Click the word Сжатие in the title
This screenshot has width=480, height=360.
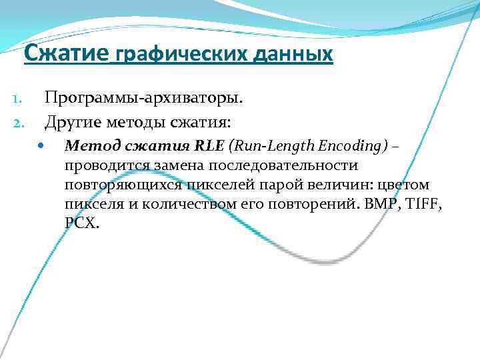click(x=66, y=53)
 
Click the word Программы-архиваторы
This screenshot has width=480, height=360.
click(x=143, y=99)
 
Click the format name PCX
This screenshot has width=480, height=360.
click(x=82, y=223)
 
